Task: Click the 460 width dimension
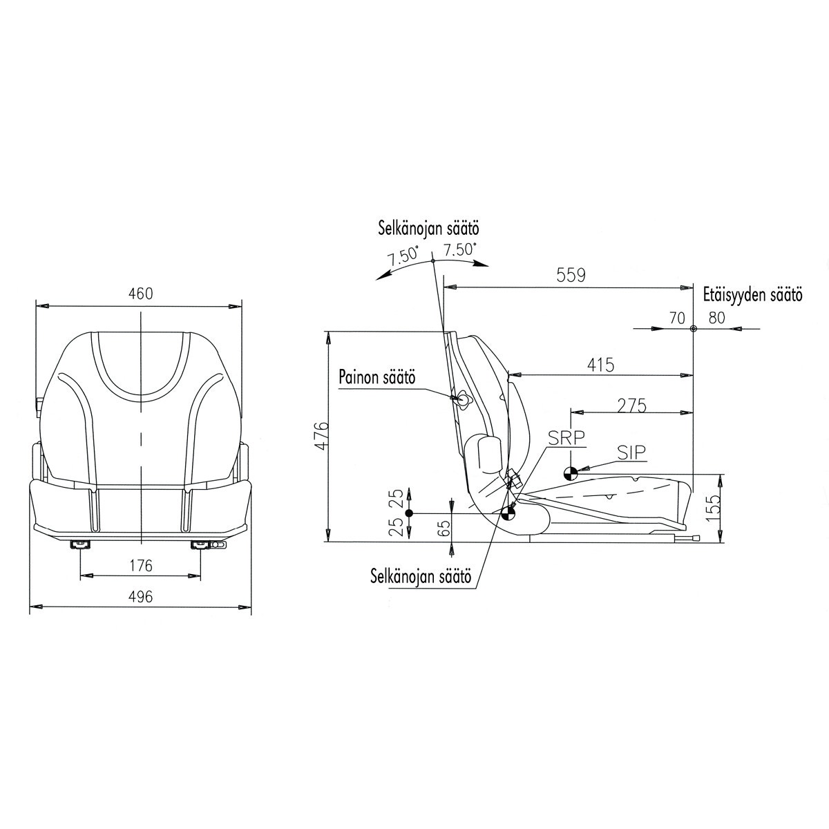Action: tap(141, 294)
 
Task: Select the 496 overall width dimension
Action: tap(141, 596)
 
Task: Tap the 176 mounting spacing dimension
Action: tap(141, 565)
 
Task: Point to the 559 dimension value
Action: tap(571, 275)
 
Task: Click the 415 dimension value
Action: tap(600, 365)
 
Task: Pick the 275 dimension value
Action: tap(631, 406)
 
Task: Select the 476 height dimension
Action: tap(321, 435)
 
